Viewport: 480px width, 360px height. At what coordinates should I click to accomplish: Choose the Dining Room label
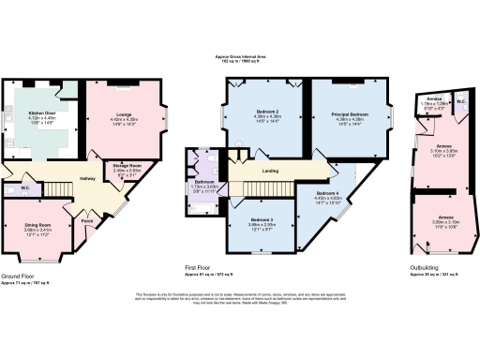pos(37,225)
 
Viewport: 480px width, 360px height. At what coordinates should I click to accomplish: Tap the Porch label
pos(87,222)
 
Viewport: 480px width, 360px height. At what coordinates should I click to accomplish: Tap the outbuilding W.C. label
pos(459,100)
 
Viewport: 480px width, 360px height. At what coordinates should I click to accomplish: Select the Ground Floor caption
pos(19,276)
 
